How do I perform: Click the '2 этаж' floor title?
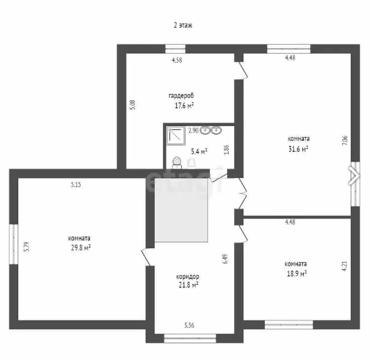[x=183, y=25]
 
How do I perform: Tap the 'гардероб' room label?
[x=181, y=95]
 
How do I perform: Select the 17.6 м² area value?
[x=184, y=105]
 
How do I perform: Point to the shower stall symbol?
[x=176, y=135]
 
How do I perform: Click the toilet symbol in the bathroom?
[x=177, y=162]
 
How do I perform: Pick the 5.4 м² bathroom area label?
[x=199, y=151]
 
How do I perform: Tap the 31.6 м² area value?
[x=298, y=149]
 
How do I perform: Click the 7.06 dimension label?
[x=345, y=140]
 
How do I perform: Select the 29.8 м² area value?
[x=81, y=248]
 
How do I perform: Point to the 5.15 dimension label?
[x=76, y=184]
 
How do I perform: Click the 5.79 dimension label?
[x=27, y=247]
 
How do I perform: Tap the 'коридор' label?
[x=188, y=276]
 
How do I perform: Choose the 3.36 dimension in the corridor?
[x=189, y=325]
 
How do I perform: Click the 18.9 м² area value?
[x=296, y=273]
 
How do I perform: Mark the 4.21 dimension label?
[x=344, y=266]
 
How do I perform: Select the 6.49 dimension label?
[x=225, y=259]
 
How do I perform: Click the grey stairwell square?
[x=181, y=210]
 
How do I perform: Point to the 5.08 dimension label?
[x=133, y=105]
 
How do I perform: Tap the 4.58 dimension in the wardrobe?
[x=177, y=60]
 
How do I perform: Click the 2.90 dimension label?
[x=193, y=130]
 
